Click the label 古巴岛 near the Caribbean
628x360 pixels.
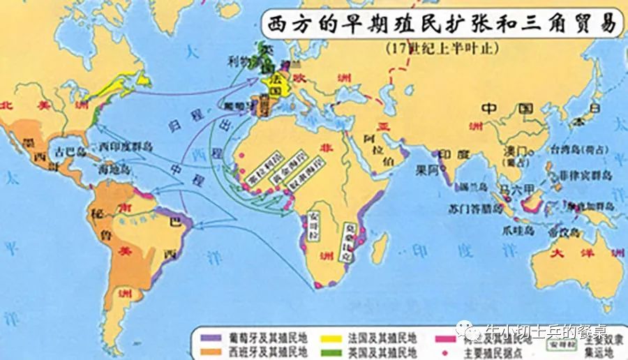70,151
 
